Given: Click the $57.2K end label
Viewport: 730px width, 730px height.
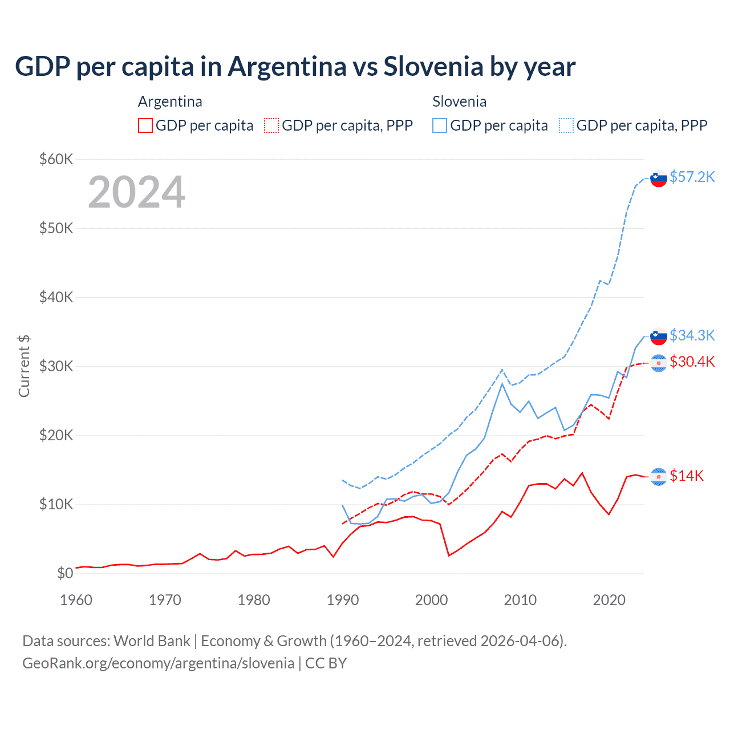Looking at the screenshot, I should [x=692, y=177].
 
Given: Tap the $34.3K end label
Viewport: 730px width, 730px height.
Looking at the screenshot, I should [x=692, y=335].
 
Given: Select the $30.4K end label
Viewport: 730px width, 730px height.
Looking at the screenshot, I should [x=692, y=362].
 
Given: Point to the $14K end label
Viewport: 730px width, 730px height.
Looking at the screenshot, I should [x=687, y=476].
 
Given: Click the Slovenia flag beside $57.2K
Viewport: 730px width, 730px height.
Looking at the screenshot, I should [x=659, y=179].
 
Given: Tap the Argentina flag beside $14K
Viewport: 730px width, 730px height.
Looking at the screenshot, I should [x=659, y=476].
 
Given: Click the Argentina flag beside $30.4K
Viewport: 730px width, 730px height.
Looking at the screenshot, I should [x=659, y=363].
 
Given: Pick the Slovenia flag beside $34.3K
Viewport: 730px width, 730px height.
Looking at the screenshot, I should [x=659, y=336].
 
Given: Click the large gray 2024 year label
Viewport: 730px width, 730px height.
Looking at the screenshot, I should [x=136, y=192].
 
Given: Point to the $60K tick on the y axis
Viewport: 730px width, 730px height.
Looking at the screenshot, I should [x=56, y=159].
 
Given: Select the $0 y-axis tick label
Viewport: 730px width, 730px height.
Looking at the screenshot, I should [x=64, y=573].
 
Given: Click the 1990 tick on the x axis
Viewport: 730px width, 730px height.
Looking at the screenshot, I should [x=342, y=600].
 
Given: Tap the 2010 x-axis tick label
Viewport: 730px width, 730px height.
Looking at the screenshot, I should [x=520, y=600].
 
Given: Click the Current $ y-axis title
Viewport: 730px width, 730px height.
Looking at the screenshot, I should [x=24, y=366].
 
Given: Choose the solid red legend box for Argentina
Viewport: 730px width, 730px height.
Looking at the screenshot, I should [x=145, y=125].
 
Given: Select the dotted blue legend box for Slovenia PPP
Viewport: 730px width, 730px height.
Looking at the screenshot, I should [x=566, y=125].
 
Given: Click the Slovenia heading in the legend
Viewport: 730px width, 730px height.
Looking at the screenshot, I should [x=459, y=102].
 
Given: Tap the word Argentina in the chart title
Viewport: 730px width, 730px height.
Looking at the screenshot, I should [x=287, y=66].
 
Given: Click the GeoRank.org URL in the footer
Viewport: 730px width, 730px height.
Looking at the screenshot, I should [x=158, y=663].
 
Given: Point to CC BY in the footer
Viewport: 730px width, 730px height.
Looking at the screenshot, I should [x=326, y=663].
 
